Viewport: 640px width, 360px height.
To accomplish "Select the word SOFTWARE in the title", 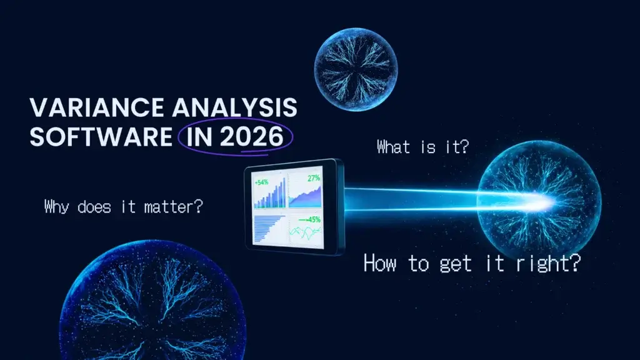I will pos(99,136).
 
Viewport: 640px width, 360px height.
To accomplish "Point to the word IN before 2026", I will pos(197,136).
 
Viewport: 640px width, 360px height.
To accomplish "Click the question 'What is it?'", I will pos(423,147).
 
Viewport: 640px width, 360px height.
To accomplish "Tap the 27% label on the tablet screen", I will pos(313,179).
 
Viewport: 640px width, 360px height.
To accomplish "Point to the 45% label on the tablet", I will pos(311,219).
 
